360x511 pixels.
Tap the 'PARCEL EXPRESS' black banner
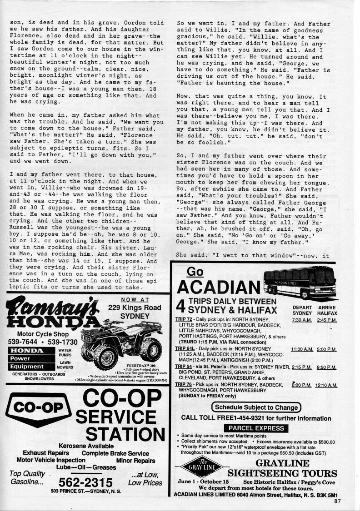[256, 428]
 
